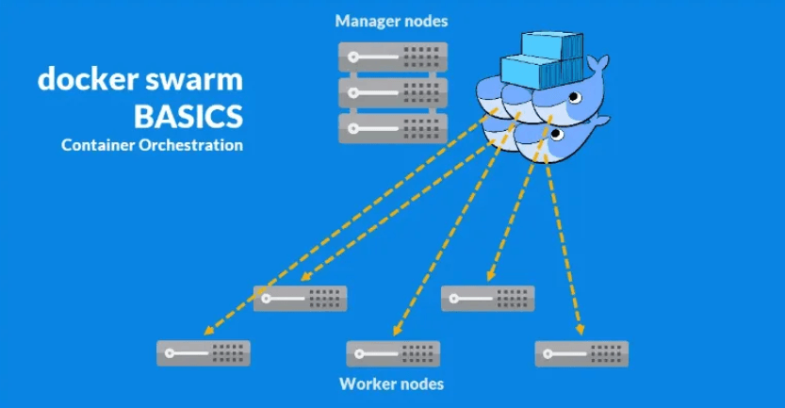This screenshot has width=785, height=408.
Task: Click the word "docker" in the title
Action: coord(79,79)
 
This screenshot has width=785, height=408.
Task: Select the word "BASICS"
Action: coord(188,116)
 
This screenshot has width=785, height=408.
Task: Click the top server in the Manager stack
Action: coord(392,57)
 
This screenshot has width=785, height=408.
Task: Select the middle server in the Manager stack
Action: coord(392,92)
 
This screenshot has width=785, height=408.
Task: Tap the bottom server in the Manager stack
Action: coord(392,127)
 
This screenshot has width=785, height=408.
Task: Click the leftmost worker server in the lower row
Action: coord(204,353)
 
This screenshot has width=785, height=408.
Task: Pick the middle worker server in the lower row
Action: coord(392,353)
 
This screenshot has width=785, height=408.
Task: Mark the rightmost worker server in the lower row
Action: coord(581,353)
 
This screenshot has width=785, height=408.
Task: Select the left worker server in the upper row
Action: coord(300,299)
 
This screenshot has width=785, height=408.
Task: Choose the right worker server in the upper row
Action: coord(487,299)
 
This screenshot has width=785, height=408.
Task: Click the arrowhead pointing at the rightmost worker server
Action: coord(580,330)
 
